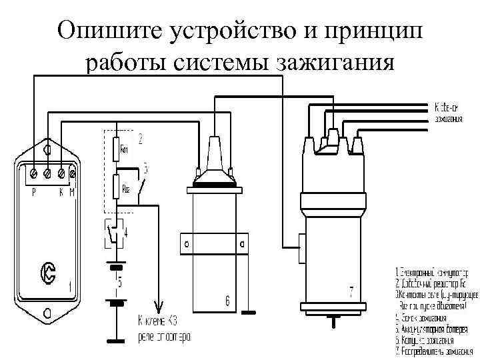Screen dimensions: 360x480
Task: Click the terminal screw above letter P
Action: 34,174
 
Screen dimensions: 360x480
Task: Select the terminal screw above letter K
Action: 62,174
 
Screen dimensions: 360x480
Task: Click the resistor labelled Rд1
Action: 117,149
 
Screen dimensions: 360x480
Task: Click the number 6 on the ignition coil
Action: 227,302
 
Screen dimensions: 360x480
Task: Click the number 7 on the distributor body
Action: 351,291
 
